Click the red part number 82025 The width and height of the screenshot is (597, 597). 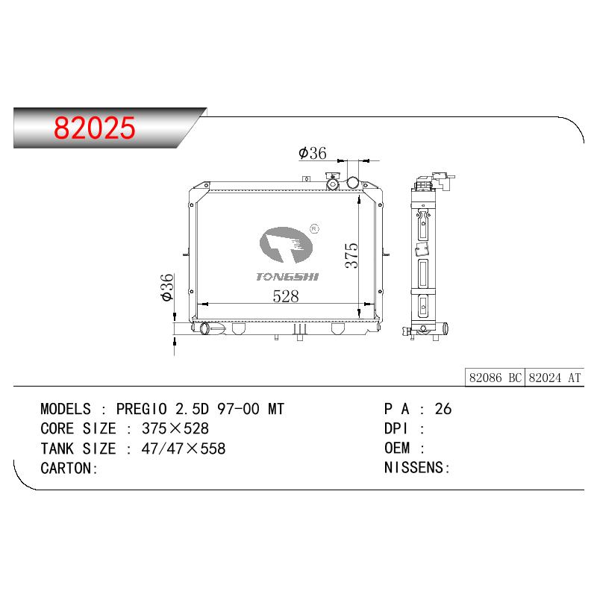tap(95, 128)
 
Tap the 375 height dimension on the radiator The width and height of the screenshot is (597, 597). tap(351, 255)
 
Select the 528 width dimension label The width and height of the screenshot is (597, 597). tap(286, 296)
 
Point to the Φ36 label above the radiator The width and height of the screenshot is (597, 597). tap(313, 153)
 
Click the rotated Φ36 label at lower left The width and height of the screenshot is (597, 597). tap(167, 287)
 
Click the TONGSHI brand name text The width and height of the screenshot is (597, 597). tap(287, 277)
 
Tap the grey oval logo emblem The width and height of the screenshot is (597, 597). tap(286, 245)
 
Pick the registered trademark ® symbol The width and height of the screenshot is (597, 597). tap(314, 229)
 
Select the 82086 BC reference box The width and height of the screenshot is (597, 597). tap(495, 378)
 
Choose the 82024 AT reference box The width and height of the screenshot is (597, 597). tap(554, 378)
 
